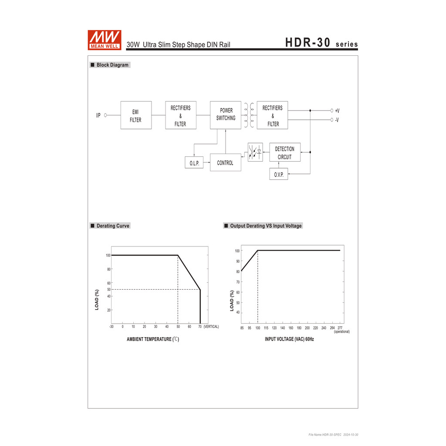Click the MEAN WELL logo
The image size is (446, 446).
click(105, 40)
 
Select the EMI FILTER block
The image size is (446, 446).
click(136, 115)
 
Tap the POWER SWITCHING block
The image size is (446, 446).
click(226, 115)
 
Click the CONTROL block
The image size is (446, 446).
click(225, 162)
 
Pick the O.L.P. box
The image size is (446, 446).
click(194, 163)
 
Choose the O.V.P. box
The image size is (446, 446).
click(278, 174)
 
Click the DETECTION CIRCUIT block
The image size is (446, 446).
click(285, 152)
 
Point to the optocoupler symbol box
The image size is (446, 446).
click(255, 152)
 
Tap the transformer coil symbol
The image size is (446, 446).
click(249, 115)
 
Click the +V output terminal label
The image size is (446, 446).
click(337, 111)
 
